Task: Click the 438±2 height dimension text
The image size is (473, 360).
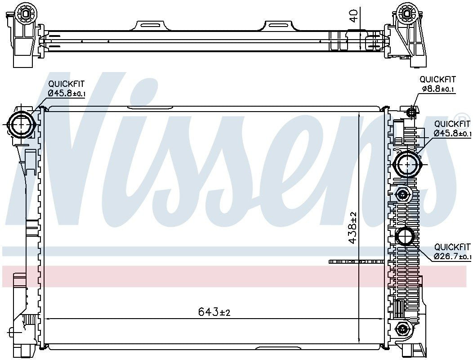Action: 353,228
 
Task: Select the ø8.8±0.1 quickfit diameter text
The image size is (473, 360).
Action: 438,89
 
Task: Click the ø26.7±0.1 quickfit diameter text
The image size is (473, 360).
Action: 452,256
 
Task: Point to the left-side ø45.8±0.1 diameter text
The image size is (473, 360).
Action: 67,93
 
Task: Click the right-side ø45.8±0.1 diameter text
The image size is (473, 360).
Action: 452,133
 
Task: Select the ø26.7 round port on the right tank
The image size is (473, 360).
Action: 405,237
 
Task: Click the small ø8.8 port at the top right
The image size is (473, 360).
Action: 411,112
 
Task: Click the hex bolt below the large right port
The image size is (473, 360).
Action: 402,194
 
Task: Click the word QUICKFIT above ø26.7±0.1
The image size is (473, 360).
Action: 452,247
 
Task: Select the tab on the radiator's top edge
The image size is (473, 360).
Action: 150,108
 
